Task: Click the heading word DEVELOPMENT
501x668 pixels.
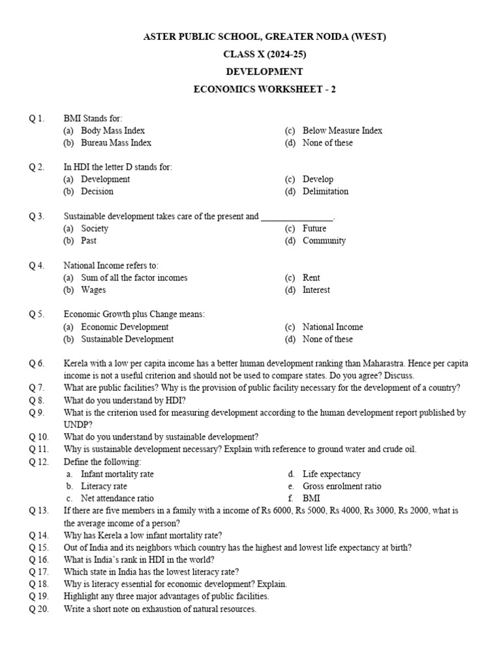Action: tap(264, 72)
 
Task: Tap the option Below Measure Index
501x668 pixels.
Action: tap(342, 130)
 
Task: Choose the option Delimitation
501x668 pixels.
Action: tap(325, 191)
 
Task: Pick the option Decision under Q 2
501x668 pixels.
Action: tap(97, 191)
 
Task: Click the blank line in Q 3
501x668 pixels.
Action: tap(297, 217)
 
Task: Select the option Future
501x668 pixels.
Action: tap(314, 228)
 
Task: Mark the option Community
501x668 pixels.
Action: tap(324, 241)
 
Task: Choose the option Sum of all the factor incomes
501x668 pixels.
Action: tap(134, 278)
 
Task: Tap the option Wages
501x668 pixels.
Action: tap(93, 290)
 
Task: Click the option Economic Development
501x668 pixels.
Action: tap(125, 327)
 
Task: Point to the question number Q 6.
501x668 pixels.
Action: tap(37, 363)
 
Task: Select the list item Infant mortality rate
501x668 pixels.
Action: tap(117, 474)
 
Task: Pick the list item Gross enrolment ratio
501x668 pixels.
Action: tap(342, 487)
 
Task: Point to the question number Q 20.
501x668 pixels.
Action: tap(38, 609)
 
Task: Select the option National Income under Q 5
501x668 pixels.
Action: tap(332, 327)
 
